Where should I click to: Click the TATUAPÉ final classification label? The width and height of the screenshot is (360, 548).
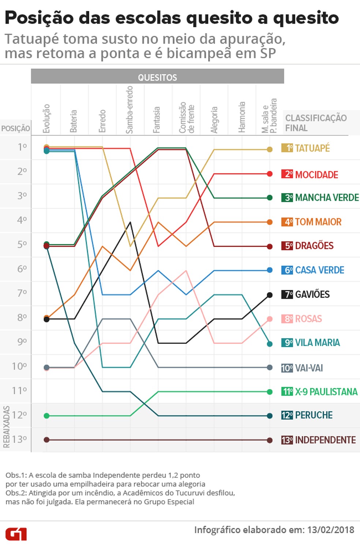pyautogui.click(x=312, y=148)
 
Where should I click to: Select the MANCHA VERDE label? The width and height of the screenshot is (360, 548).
pyautogui.click(x=327, y=198)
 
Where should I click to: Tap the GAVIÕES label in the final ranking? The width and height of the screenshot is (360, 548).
pyautogui.click(x=312, y=294)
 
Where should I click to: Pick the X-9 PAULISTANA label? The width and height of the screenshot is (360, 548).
pyautogui.click(x=326, y=392)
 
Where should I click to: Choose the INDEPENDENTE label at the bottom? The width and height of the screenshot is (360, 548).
pyautogui.click(x=325, y=440)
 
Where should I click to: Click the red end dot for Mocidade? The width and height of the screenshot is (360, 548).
pyautogui.click(x=270, y=174)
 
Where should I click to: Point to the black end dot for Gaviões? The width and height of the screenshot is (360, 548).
pyautogui.click(x=270, y=295)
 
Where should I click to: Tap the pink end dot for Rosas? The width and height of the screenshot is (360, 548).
pyautogui.click(x=270, y=319)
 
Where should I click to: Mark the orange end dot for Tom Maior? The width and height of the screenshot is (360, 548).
pyautogui.click(x=270, y=222)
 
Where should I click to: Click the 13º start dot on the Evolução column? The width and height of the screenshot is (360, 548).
pyautogui.click(x=46, y=440)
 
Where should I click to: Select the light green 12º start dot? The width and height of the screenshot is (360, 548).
pyautogui.click(x=46, y=416)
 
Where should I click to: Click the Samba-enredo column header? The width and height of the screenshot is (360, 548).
pyautogui.click(x=129, y=110)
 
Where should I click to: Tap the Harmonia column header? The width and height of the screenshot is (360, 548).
pyautogui.click(x=241, y=117)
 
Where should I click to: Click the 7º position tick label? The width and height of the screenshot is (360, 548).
pyautogui.click(x=22, y=293)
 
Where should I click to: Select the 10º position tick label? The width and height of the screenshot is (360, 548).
pyautogui.click(x=19, y=366)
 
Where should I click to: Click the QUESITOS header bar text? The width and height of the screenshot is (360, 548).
pyautogui.click(x=157, y=78)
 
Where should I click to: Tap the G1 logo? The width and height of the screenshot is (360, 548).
pyautogui.click(x=16, y=534)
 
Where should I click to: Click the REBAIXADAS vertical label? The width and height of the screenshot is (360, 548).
pyautogui.click(x=6, y=427)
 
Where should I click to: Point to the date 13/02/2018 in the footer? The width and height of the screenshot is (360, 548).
pyautogui.click(x=331, y=530)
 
